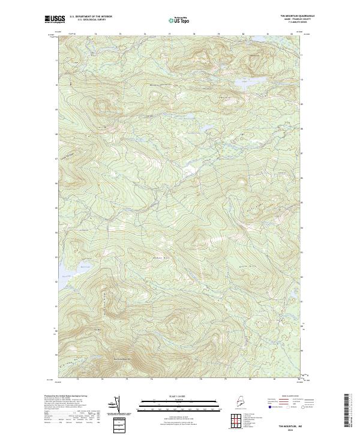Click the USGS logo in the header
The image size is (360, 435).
54,19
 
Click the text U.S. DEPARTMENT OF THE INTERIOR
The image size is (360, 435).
91,17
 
